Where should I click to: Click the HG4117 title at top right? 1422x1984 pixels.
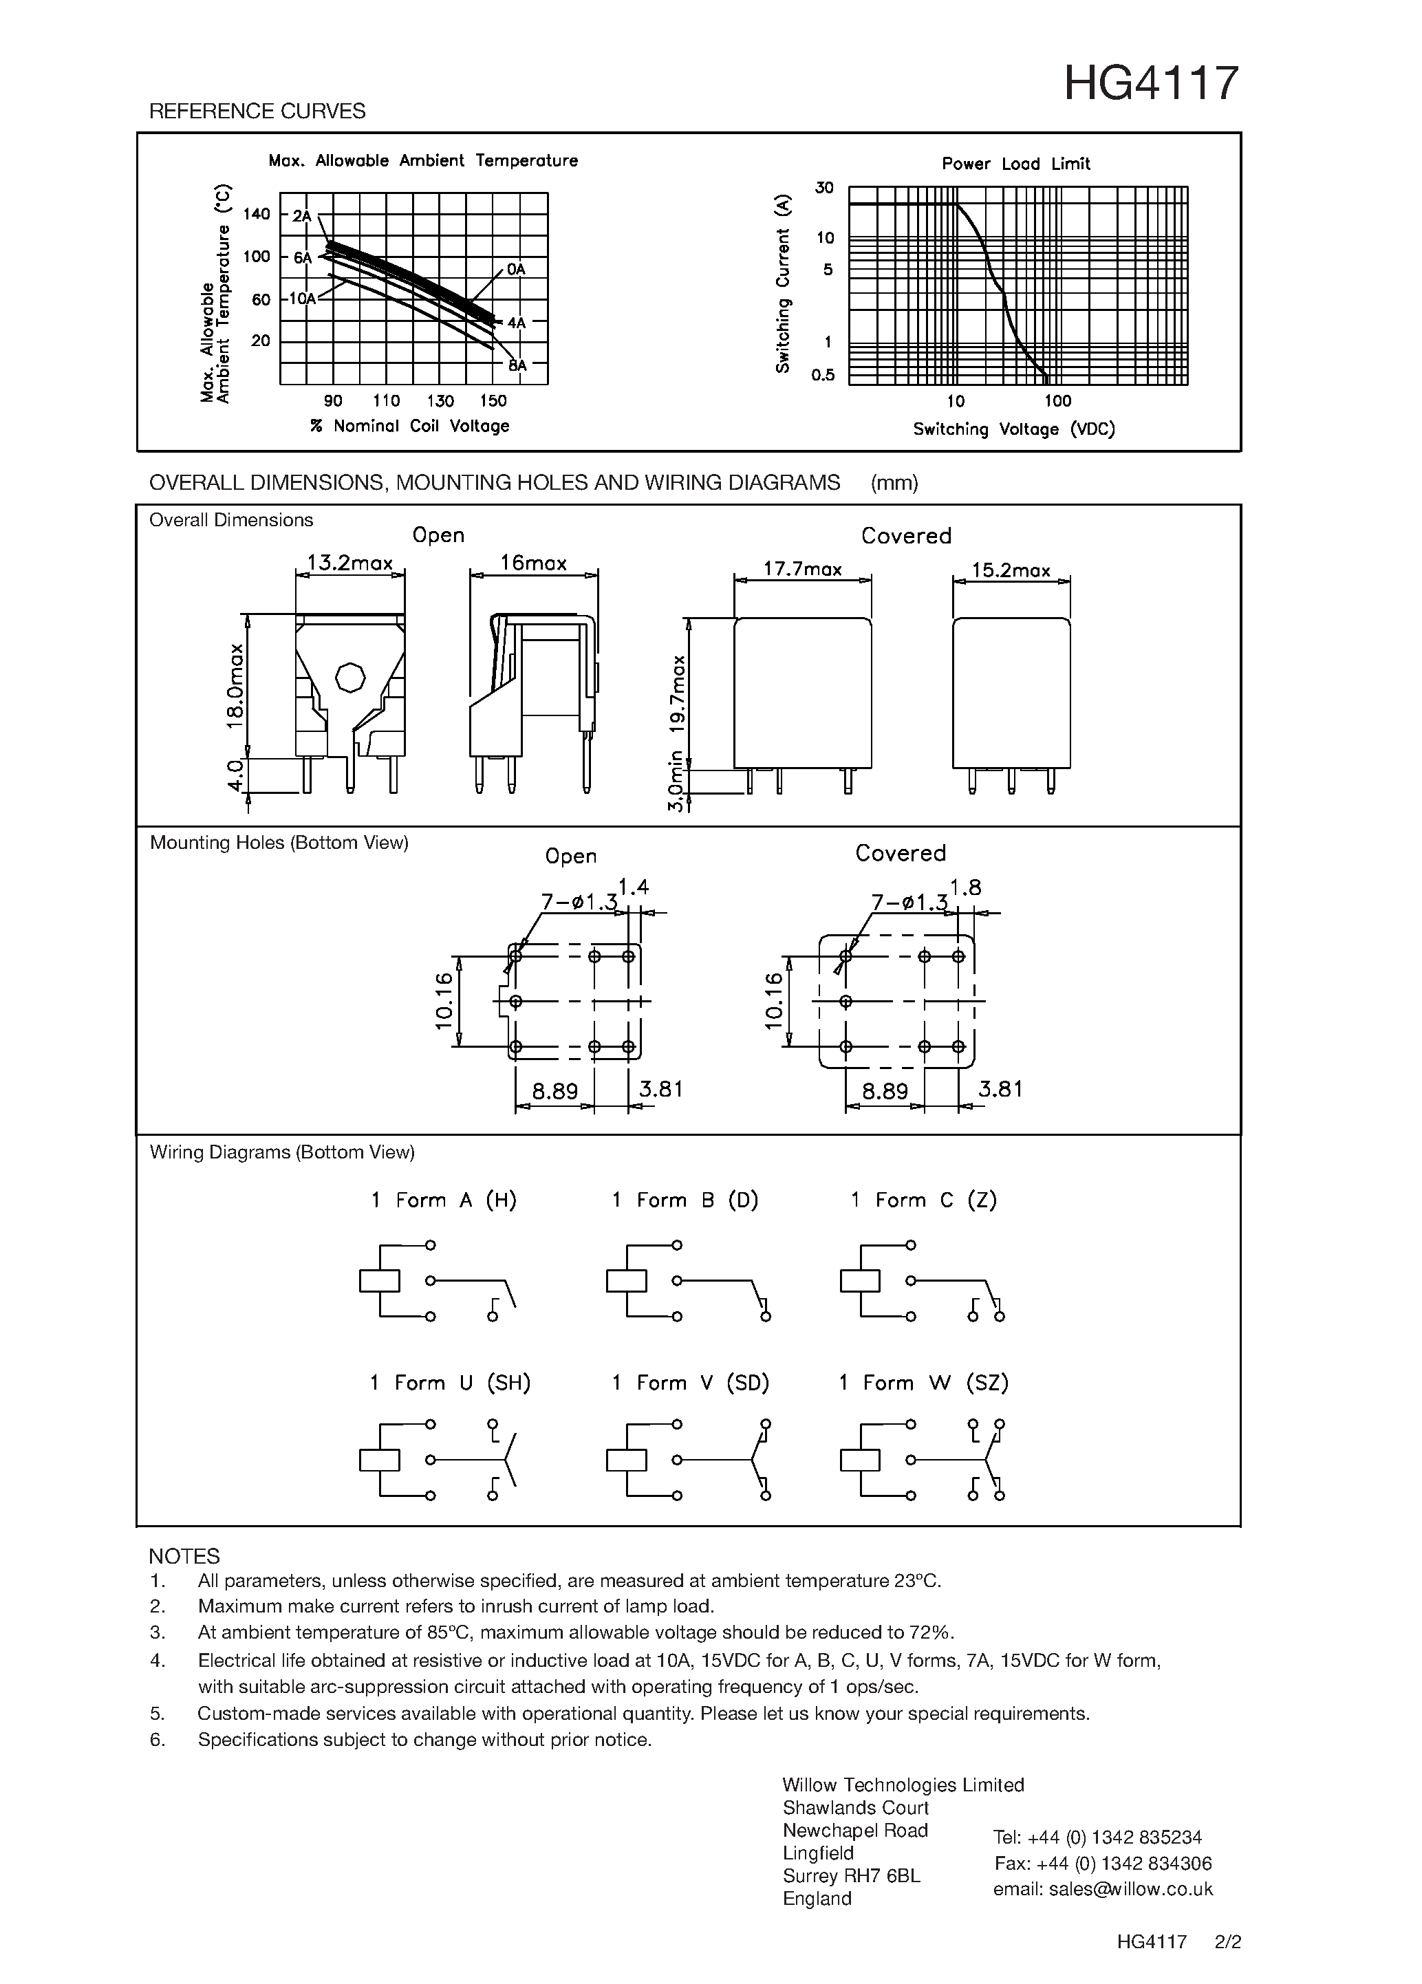[1151, 84]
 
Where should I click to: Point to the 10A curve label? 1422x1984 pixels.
[302, 299]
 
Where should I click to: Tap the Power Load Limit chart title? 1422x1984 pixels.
[1015, 164]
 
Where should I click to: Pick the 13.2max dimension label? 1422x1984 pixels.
[349, 563]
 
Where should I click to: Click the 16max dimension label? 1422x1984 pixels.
[533, 563]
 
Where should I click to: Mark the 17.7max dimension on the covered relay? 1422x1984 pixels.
[802, 570]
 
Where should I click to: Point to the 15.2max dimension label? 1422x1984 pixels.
[1011, 570]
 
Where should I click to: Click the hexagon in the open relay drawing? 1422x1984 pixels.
[349, 677]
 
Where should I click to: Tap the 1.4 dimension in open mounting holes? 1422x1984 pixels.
[633, 887]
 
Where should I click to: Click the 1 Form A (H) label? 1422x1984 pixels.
[444, 1200]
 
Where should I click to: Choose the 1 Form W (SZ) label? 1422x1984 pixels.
[923, 1383]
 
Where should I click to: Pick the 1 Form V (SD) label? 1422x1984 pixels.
[690, 1383]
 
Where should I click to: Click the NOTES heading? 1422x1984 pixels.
[184, 1556]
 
